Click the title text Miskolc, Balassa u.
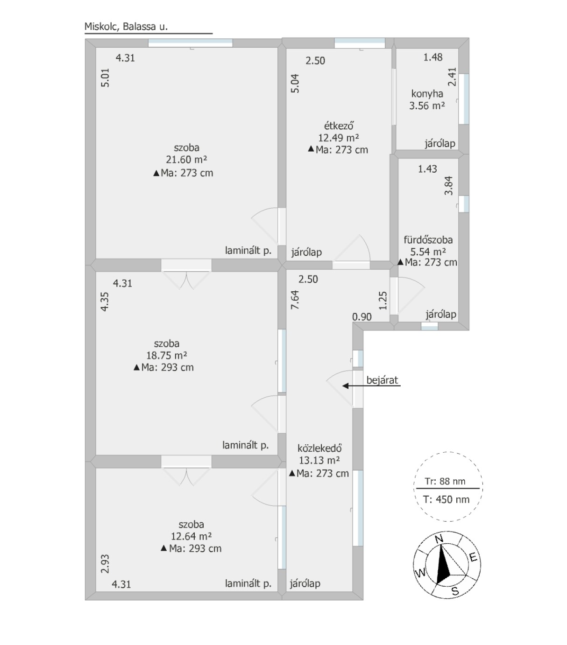pyautogui.click(x=126, y=27)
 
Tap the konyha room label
pyautogui.click(x=427, y=94)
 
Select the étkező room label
pyautogui.click(x=339, y=126)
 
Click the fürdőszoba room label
pyautogui.click(x=428, y=240)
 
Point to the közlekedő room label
pyautogui.click(x=319, y=448)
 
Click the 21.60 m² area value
pyautogui.click(x=186, y=159)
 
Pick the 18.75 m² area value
pyautogui.click(x=166, y=355)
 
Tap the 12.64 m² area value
pyautogui.click(x=191, y=536)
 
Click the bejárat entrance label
pyautogui.click(x=382, y=380)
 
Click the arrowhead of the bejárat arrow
pyautogui.click(x=345, y=386)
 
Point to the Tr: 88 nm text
pyautogui.click(x=445, y=481)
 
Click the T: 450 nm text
pyautogui.click(x=446, y=499)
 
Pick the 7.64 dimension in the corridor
pyautogui.click(x=295, y=300)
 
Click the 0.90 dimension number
pyautogui.click(x=362, y=317)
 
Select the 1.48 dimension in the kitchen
pyautogui.click(x=432, y=57)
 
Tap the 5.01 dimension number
pyautogui.click(x=105, y=77)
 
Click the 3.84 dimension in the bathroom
pyautogui.click(x=448, y=186)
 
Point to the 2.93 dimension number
pyautogui.click(x=105, y=564)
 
